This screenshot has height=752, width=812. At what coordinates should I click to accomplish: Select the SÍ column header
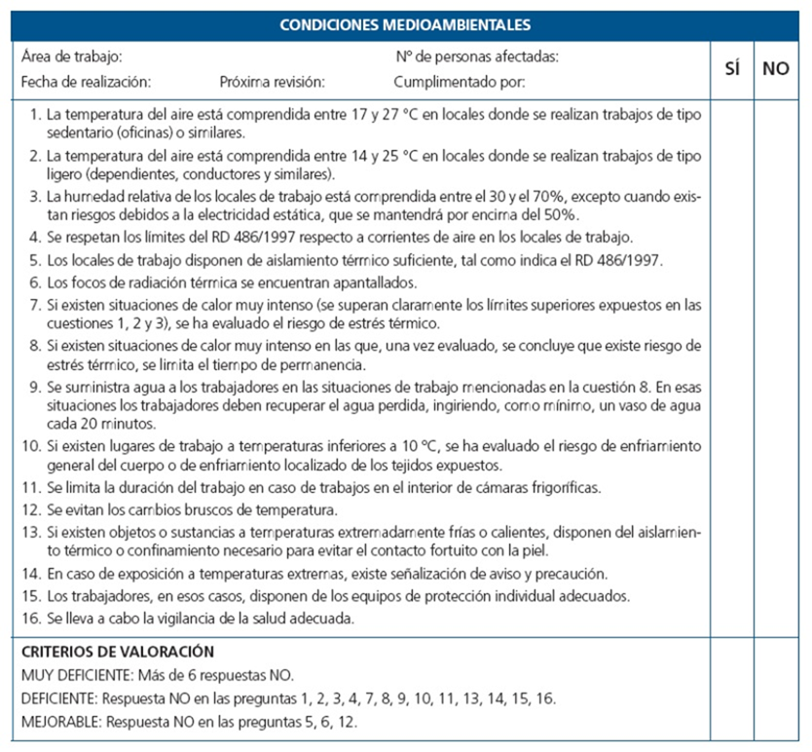click(x=733, y=70)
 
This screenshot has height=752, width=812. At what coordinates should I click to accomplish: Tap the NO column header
click(x=776, y=70)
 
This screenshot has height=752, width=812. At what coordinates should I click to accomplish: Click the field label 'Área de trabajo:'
click(x=71, y=57)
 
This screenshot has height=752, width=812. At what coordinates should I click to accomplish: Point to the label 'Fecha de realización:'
click(x=86, y=83)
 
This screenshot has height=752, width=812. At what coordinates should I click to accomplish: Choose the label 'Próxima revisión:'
click(x=273, y=83)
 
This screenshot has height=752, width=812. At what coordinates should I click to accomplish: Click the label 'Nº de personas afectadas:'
click(x=477, y=57)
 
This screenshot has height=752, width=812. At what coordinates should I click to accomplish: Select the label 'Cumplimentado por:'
click(x=460, y=83)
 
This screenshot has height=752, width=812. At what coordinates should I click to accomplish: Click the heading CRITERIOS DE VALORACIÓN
click(x=117, y=651)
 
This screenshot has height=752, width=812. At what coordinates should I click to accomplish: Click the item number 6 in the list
click(x=36, y=282)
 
